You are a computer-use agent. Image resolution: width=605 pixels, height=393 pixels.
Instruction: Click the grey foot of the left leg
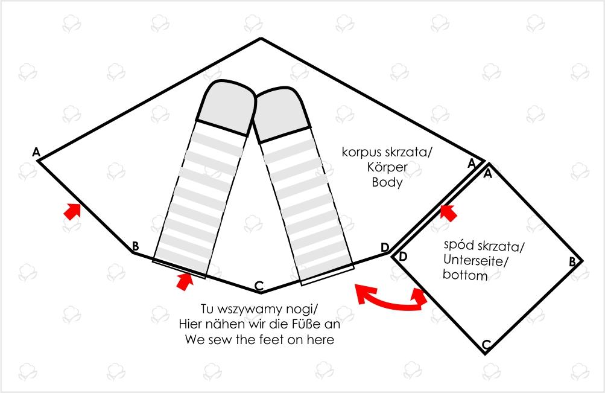coord(226,106)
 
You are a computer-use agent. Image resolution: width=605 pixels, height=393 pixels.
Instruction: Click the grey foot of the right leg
coord(282,114)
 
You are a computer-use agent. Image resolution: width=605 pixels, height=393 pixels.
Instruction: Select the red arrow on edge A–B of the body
coord(72,211)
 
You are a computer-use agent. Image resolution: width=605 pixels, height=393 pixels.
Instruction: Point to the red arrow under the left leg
coord(185,281)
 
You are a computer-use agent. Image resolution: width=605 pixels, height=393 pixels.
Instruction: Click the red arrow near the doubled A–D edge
coord(449,212)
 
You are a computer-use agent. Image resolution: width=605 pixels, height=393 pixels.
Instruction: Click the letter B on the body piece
coord(135,246)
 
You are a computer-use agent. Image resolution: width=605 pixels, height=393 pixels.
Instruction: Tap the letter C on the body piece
coord(259,286)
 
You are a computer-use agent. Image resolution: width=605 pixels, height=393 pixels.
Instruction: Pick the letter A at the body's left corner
coord(36,152)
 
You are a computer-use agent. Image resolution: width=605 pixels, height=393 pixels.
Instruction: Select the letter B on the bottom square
coord(572,262)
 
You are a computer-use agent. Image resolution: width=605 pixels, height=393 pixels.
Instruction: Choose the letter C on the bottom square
coord(487,344)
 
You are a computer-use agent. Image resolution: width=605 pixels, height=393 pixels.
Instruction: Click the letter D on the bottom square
coord(402,257)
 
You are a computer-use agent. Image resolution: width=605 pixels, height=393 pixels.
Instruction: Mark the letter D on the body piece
coord(385,248)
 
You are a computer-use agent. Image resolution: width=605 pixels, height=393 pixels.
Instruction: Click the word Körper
coord(387,167)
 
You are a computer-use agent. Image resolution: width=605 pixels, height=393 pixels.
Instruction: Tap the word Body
coord(387,182)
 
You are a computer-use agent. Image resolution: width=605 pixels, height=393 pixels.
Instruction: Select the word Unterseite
coord(476,261)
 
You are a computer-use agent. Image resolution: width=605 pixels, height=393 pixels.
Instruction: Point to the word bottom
coord(465,275)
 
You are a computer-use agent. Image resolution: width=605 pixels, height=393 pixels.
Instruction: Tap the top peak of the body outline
coord(261,38)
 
